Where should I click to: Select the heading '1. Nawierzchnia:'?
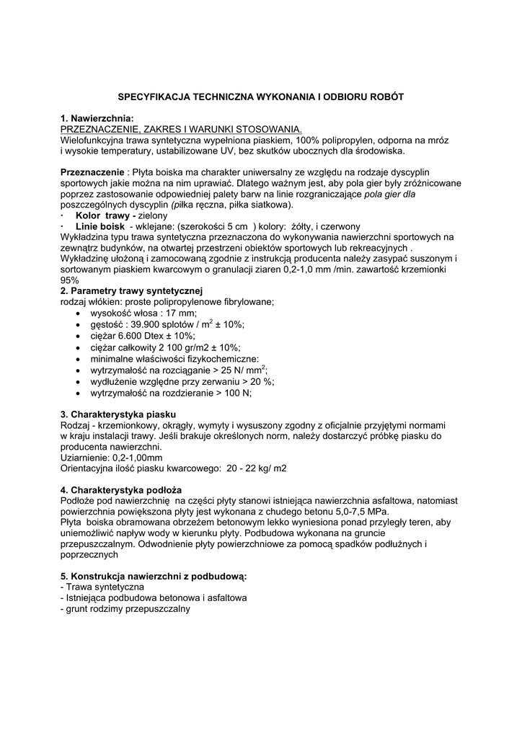[x=97, y=118]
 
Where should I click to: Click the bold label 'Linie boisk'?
[x=100, y=226]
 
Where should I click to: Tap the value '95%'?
[x=70, y=280]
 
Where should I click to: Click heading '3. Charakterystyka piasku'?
[x=118, y=414]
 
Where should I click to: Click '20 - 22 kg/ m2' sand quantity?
[x=256, y=468]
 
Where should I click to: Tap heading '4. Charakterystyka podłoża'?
[x=123, y=490]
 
